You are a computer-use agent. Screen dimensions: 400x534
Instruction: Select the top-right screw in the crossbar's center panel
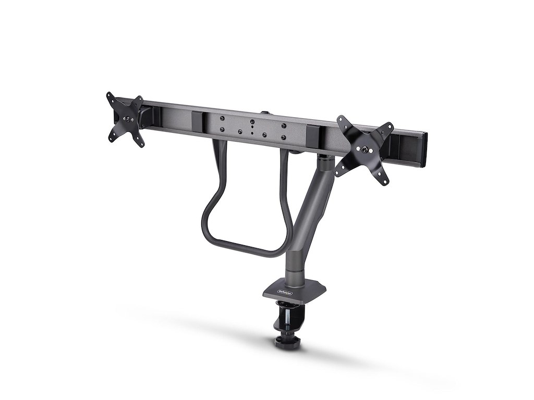pos(284,126)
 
